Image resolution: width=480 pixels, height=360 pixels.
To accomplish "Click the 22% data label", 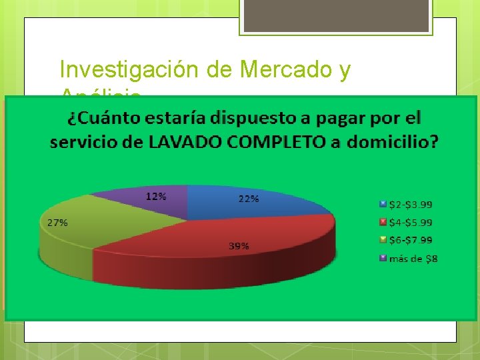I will tap(249, 198).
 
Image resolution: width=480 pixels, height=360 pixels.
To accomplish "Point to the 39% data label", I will tap(239, 246).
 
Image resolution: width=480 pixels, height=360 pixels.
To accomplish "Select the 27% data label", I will tap(57, 223).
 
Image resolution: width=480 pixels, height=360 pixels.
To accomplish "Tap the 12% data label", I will tap(156, 196).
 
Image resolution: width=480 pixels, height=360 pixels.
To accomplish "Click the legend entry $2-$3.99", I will tap(409, 204).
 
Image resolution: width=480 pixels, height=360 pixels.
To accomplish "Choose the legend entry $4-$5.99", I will tap(409, 222).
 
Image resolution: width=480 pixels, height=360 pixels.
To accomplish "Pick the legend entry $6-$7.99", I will tap(409, 240).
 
